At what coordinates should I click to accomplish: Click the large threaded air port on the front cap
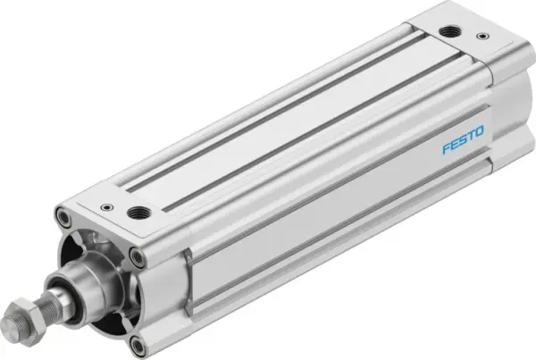click(x=140, y=214)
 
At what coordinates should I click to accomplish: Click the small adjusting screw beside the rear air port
click(x=483, y=38)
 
